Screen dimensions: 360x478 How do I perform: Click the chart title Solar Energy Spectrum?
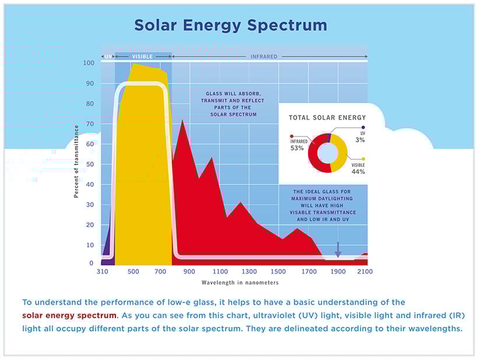pyautogui.click(x=230, y=26)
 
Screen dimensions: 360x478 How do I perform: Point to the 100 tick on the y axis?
pyautogui.click(x=89, y=63)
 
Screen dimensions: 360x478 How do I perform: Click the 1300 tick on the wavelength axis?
pyautogui.click(x=249, y=271)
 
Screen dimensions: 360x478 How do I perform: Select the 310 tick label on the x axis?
pyautogui.click(x=102, y=271)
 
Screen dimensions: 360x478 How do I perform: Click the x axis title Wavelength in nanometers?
pyautogui.click(x=240, y=282)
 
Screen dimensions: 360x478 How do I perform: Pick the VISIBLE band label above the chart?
pyautogui.click(x=142, y=57)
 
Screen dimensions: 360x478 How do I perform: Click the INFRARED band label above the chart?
pyautogui.click(x=263, y=57)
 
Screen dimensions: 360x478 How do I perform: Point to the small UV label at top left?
pyautogui.click(x=107, y=57)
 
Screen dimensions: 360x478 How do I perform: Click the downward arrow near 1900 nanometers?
pyautogui.click(x=338, y=250)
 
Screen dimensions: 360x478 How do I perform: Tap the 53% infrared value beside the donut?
pyautogui.click(x=297, y=148)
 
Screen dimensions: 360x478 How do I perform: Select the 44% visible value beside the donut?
pyautogui.click(x=358, y=172)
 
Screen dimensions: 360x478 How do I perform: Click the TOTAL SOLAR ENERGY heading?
pyautogui.click(x=328, y=117)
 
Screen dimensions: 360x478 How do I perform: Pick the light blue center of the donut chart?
pyautogui.click(x=328, y=153)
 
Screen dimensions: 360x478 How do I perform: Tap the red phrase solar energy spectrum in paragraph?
pyautogui.click(x=69, y=315)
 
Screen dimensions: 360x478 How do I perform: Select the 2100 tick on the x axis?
pyautogui.click(x=365, y=271)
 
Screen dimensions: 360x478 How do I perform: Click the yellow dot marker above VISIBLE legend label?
pyautogui.click(x=364, y=159)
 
